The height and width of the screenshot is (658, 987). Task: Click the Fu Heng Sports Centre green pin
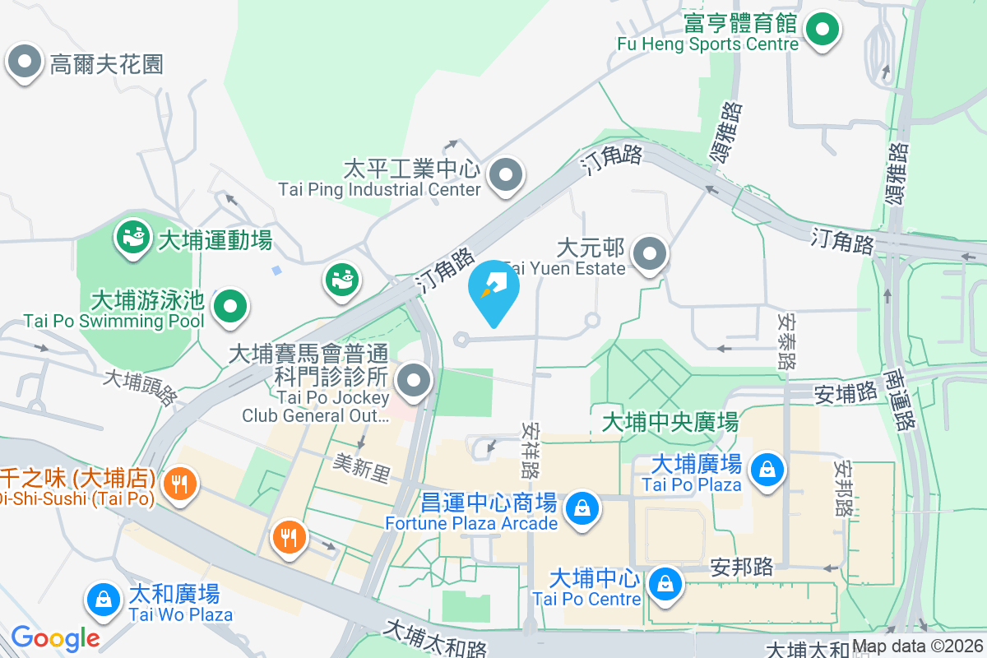821,30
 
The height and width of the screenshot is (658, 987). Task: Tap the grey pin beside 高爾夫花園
25,62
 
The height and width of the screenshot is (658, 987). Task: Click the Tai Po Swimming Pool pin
230,306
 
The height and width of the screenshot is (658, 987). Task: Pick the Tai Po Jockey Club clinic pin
414,381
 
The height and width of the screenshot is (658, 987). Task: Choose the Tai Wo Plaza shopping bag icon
104,600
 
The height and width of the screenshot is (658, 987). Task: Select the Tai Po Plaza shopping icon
767,470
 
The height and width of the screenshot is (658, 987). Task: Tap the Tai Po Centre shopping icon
663,584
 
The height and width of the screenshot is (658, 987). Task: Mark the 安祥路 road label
531,452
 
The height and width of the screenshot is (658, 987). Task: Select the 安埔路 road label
846,393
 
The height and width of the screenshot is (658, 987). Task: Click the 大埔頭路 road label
140,387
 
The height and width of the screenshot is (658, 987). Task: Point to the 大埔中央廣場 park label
670,423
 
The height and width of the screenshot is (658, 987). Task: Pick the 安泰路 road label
787,339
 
